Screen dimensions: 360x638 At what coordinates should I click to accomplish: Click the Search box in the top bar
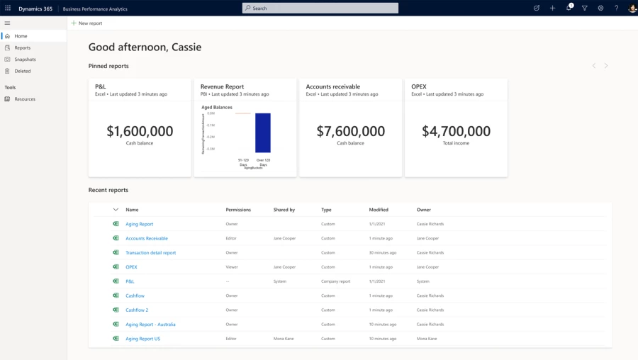(320, 8)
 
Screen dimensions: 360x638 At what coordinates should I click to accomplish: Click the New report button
(86, 23)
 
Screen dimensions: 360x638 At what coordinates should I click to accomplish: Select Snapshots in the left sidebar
(25, 60)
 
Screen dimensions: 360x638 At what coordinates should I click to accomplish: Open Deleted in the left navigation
(22, 71)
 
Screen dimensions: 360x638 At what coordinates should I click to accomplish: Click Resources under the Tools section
(25, 99)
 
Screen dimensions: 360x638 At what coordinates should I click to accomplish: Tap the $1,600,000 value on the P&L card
(140, 131)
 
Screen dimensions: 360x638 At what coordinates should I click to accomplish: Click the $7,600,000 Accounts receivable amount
(350, 131)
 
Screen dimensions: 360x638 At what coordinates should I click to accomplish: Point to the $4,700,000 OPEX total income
(456, 131)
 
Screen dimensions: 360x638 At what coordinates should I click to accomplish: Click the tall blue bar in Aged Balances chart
(263, 133)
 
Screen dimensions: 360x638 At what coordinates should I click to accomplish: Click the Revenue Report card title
(222, 86)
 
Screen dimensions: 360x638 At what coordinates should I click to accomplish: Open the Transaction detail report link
(150, 253)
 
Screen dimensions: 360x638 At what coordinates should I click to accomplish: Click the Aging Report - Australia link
(150, 325)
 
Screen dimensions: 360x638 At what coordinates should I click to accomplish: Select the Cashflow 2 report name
(137, 310)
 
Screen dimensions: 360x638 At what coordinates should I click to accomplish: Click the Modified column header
(379, 210)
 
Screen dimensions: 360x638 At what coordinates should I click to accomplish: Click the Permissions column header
(238, 210)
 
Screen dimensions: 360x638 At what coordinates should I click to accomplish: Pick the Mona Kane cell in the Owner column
(427, 339)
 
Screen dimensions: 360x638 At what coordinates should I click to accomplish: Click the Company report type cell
(335, 281)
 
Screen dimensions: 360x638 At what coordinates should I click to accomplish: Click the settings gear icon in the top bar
(600, 8)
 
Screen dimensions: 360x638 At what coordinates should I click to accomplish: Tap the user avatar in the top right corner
(632, 8)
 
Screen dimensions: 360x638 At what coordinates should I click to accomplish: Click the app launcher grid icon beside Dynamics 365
(8, 8)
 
